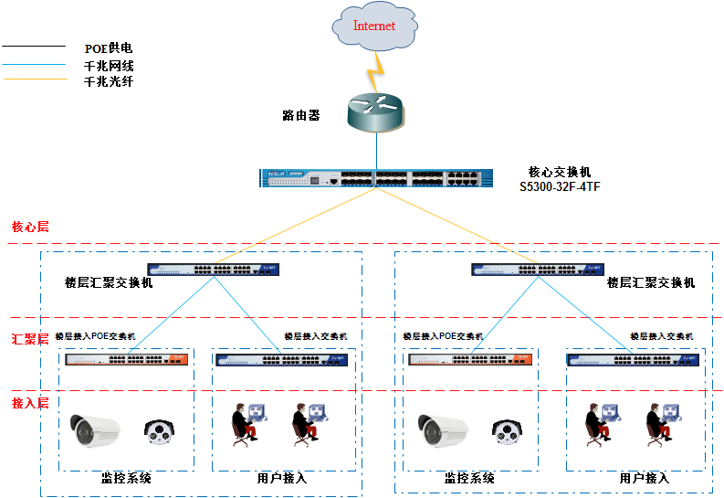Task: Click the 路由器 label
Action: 301,116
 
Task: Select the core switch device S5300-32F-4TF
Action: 373,178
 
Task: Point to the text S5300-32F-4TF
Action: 560,186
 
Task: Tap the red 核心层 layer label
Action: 30,227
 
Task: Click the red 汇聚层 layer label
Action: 30,339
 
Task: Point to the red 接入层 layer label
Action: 30,403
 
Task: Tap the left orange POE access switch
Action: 127,359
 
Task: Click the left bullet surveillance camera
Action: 96,429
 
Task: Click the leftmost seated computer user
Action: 245,424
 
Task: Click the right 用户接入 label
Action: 645,478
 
